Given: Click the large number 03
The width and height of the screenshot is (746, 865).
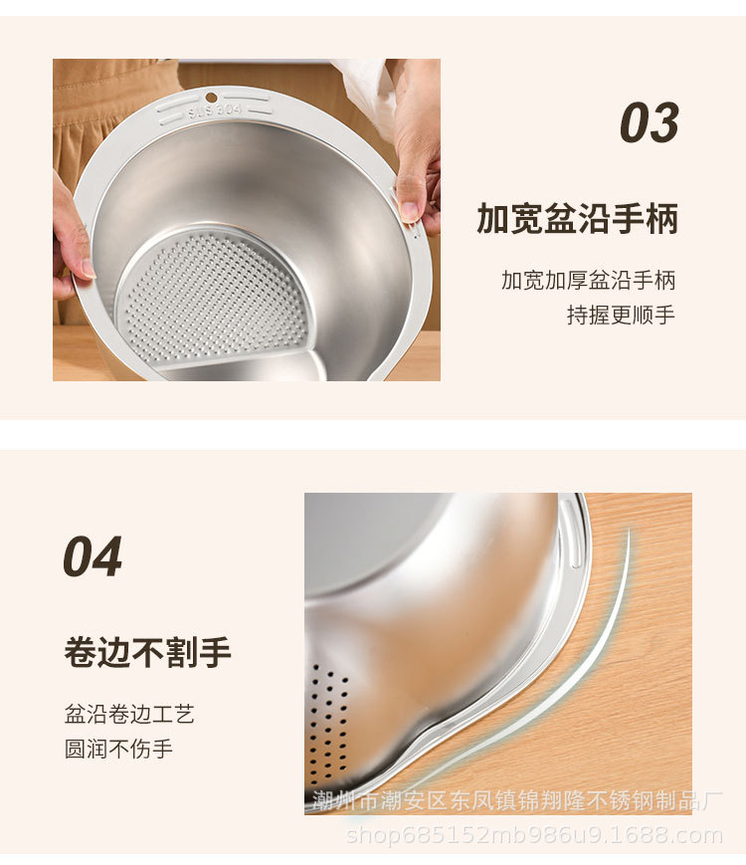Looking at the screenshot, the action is tap(649, 123).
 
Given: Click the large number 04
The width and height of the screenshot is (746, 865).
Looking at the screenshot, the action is tap(93, 557).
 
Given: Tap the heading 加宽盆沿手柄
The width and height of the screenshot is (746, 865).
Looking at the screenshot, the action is tap(577, 219).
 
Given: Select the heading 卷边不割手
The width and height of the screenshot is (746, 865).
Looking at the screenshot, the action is tap(147, 653).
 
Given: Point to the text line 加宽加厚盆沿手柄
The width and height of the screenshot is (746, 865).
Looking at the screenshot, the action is tap(588, 281).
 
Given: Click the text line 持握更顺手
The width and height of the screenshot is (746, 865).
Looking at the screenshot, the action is tap(622, 315).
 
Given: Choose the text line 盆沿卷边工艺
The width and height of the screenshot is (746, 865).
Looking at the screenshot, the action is tap(129, 714).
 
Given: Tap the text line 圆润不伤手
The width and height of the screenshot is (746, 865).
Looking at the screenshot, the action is tap(118, 749).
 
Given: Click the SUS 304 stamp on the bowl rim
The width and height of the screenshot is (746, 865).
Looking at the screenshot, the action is tap(215, 110).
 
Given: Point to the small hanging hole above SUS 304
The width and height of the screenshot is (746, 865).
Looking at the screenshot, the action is tap(211, 98).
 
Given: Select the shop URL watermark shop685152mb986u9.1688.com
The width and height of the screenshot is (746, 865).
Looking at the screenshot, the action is tap(534, 836).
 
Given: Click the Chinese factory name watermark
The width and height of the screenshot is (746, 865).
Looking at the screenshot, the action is tap(517, 800).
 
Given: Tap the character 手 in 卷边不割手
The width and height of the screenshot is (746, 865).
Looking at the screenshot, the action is tap(215, 653).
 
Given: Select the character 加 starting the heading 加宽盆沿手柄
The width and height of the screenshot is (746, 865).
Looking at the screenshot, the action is tap(493, 219).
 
